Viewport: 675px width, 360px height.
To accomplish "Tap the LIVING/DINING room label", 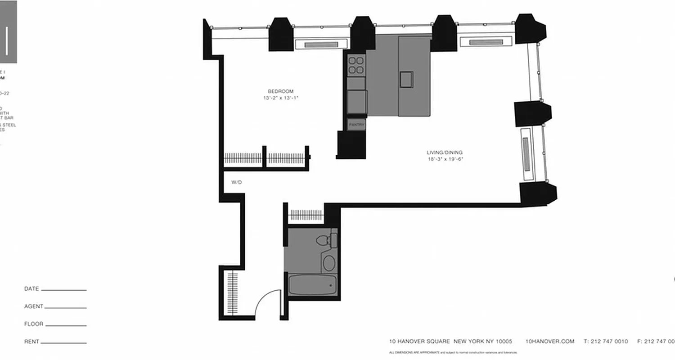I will [445, 153].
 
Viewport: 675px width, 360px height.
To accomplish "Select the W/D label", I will [237, 183].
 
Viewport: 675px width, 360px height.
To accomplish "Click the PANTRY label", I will [356, 124].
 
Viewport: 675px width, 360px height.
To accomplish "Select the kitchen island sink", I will [406, 79].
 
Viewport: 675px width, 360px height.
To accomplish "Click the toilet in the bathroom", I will [325, 240].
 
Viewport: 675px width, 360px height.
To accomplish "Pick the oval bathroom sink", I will [329, 263].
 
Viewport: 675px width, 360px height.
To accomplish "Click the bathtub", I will [312, 285].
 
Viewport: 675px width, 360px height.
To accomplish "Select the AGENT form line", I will [65, 308].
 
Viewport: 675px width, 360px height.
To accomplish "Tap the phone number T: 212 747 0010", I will [605, 342].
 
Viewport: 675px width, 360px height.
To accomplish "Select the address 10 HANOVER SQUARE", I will [419, 342].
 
